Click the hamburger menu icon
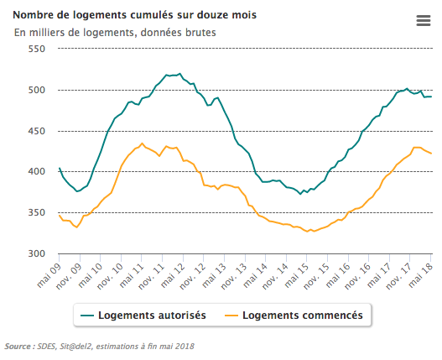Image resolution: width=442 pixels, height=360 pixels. (x=423, y=22)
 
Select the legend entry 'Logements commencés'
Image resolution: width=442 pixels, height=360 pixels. (x=302, y=316)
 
